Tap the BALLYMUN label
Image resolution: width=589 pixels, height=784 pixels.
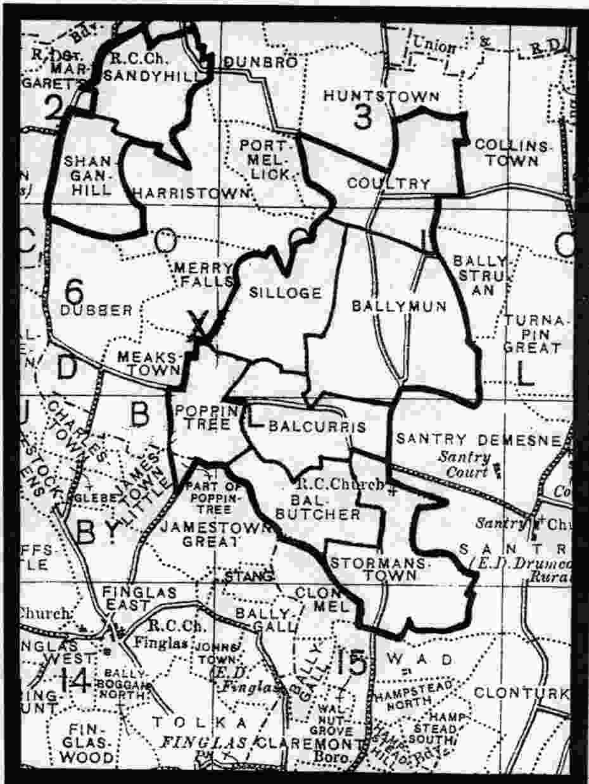[x=399, y=307]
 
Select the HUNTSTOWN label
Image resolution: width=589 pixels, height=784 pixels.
[x=381, y=96]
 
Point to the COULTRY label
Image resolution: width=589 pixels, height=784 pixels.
[x=389, y=184]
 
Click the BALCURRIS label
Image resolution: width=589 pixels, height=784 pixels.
[x=317, y=427]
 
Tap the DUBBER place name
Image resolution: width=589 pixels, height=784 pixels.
[x=98, y=310]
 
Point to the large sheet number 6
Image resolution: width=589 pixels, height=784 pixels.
[x=75, y=291]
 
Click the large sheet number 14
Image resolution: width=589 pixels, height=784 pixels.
[x=75, y=681]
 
